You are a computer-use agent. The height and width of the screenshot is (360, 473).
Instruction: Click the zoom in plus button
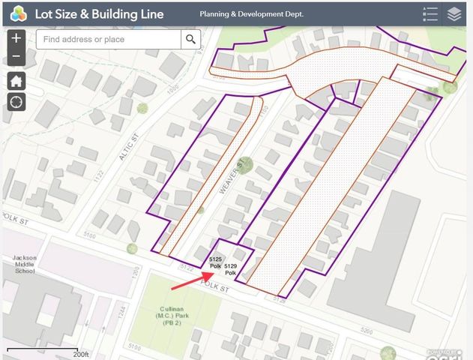16,38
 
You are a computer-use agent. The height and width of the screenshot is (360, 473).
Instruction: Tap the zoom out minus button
16,57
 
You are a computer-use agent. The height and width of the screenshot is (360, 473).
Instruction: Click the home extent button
16,81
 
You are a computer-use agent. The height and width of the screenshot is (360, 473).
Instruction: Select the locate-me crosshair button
16,101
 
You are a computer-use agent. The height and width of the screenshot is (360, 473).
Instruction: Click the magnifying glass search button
191,40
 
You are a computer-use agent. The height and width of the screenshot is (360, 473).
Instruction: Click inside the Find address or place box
109,40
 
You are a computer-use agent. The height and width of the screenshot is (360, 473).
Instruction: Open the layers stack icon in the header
454,13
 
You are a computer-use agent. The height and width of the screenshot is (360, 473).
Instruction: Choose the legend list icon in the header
430,13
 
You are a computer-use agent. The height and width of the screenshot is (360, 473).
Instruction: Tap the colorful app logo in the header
19,13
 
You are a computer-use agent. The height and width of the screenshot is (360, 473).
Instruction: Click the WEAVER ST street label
232,178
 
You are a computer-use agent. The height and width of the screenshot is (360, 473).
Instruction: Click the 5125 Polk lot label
216,262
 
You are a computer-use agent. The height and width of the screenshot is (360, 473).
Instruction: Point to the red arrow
188,280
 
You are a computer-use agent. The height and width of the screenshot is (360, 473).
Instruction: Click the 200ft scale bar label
79,353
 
